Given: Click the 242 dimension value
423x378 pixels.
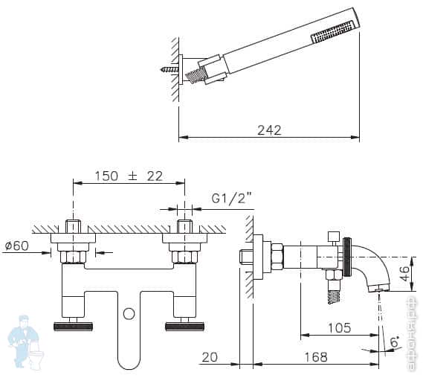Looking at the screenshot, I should pos(269,129).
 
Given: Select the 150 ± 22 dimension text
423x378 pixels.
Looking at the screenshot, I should pos(129,176).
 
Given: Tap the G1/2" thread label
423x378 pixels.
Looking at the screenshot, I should pos(232,199).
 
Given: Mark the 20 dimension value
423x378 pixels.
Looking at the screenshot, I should pos(210,357).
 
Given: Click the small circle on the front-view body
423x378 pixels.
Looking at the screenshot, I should pos(129,313).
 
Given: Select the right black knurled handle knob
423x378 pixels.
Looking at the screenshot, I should pos(185,326).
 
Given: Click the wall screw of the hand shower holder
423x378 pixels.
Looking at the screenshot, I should pos(169,69).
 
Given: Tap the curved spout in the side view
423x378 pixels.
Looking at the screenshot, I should pos(371,264).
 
